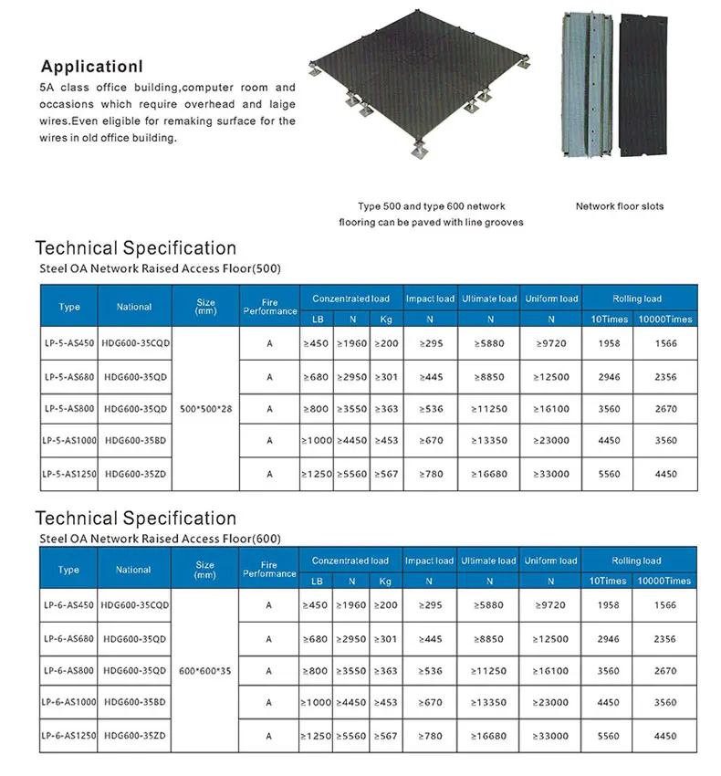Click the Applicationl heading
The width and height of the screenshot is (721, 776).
point(92,67)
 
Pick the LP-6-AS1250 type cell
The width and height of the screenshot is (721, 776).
point(68,736)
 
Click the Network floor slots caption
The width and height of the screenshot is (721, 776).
point(619,206)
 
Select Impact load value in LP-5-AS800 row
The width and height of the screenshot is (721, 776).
point(429,408)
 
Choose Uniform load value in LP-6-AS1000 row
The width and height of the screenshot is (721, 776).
point(551,703)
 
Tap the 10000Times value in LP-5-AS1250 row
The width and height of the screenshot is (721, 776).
point(665,474)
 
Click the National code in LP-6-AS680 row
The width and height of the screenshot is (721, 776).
point(135,638)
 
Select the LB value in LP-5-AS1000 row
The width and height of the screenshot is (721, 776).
point(316,441)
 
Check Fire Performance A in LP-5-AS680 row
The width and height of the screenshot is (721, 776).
point(269,376)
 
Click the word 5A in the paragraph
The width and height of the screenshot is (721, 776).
point(47,88)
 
